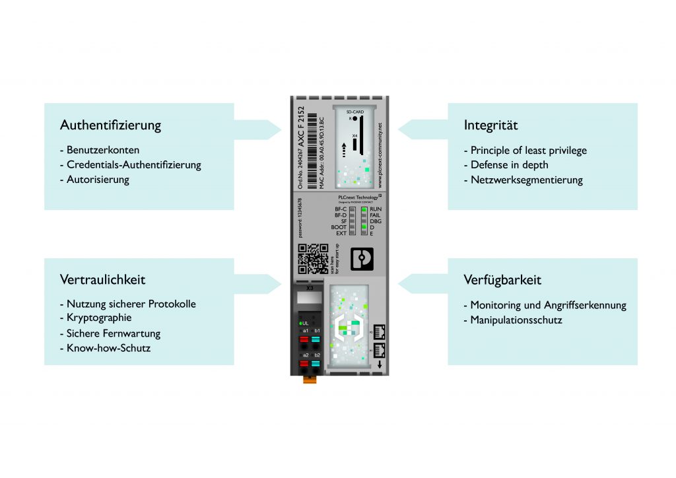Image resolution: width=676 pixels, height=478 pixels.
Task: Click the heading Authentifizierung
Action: (110, 125)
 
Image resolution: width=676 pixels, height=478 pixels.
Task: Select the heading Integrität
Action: (490, 125)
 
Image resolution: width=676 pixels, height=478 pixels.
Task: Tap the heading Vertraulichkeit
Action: (102, 280)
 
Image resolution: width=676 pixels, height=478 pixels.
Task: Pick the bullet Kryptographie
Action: (100, 319)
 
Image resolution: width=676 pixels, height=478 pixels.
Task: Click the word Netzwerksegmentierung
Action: (526, 180)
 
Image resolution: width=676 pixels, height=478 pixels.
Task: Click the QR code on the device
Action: (313, 259)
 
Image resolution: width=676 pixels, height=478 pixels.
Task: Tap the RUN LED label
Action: (376, 208)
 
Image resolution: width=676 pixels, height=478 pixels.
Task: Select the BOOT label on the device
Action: (339, 227)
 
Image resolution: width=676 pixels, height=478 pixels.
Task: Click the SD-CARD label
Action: (355, 112)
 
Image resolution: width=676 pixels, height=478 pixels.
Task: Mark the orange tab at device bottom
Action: (308, 378)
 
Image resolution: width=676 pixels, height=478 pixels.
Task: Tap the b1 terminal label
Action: (318, 329)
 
